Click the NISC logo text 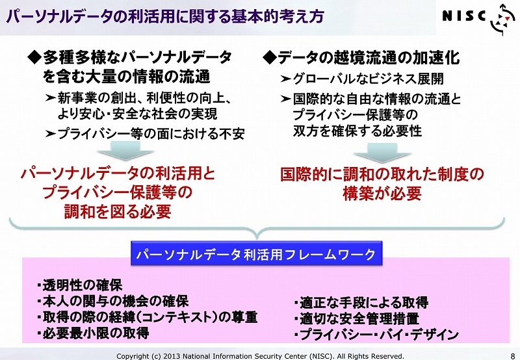(x=464, y=16)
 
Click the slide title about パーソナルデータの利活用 (x=165, y=17)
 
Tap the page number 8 (x=513, y=356)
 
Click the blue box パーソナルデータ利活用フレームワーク (x=256, y=254)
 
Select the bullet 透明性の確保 (x=79, y=285)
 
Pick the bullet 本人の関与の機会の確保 (x=112, y=301)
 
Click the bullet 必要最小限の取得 (x=93, y=333)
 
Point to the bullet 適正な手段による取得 (x=361, y=302)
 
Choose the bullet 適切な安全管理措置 (x=356, y=318)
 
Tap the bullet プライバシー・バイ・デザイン (x=376, y=334)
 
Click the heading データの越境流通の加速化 (x=361, y=58)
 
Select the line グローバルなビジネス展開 (x=362, y=79)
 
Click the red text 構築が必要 (x=382, y=193)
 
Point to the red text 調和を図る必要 (x=118, y=211)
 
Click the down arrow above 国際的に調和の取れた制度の (x=382, y=153)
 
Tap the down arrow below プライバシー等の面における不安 (x=125, y=151)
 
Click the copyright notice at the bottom (x=261, y=356)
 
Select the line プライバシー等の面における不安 (x=145, y=134)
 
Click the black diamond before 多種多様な (x=35, y=58)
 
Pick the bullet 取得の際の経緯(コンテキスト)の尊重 (x=148, y=317)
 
